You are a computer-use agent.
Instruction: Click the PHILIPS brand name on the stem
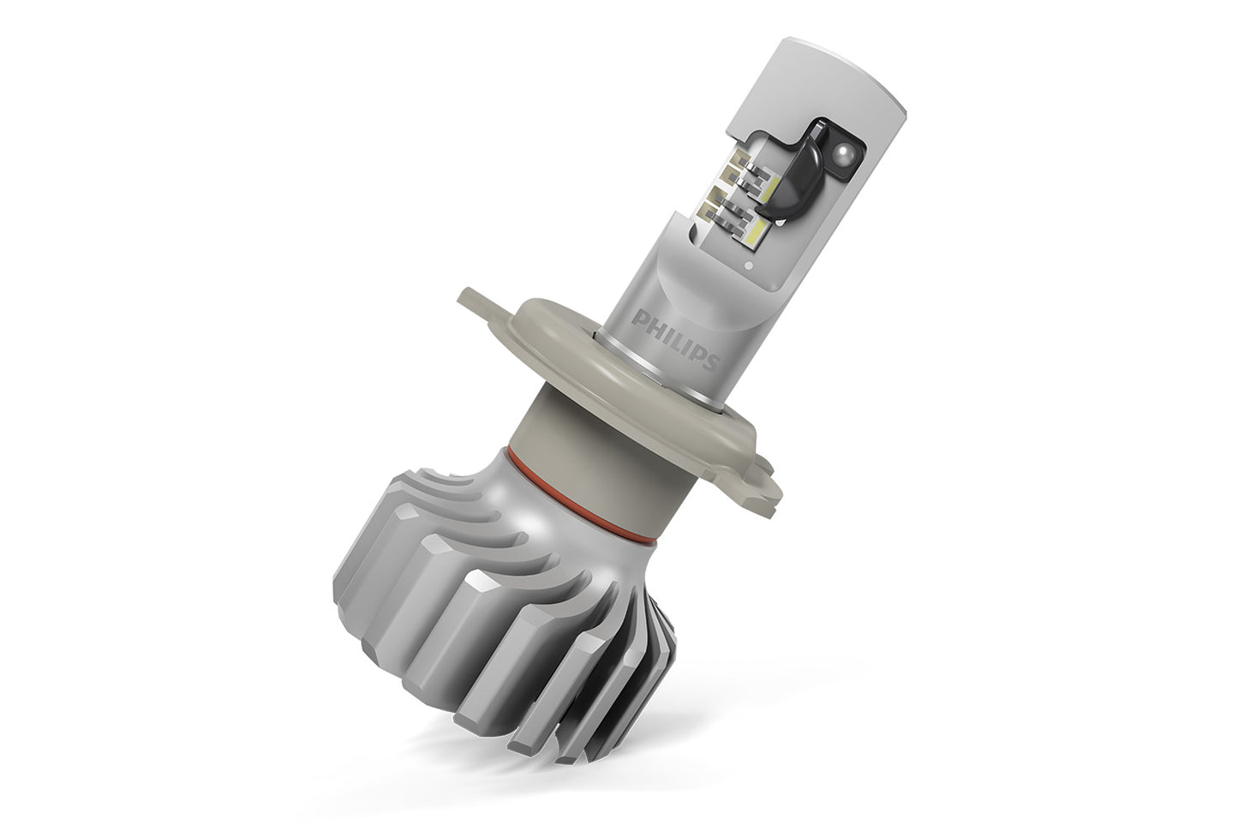tap(674, 340)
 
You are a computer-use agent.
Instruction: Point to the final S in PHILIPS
tap(709, 362)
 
